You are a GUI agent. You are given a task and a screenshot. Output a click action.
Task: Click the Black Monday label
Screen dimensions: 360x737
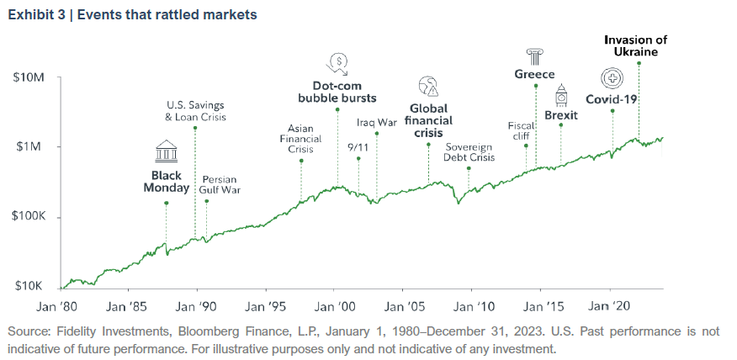[x=166, y=182]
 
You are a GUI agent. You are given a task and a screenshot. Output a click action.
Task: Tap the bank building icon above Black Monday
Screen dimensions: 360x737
[x=166, y=151]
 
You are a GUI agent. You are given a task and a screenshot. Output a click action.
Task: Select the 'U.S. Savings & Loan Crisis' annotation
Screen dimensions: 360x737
[x=195, y=111]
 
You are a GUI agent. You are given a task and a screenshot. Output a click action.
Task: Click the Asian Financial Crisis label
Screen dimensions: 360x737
[x=300, y=139]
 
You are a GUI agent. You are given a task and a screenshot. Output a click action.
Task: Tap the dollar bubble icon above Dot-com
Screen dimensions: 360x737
[x=337, y=61]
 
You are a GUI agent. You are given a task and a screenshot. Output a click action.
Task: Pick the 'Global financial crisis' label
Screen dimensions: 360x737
[x=428, y=120]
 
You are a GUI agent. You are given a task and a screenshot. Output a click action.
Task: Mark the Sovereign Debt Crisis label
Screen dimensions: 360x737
[x=469, y=151]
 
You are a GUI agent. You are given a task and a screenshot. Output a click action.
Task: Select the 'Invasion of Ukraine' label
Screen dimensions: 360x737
[x=638, y=45]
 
